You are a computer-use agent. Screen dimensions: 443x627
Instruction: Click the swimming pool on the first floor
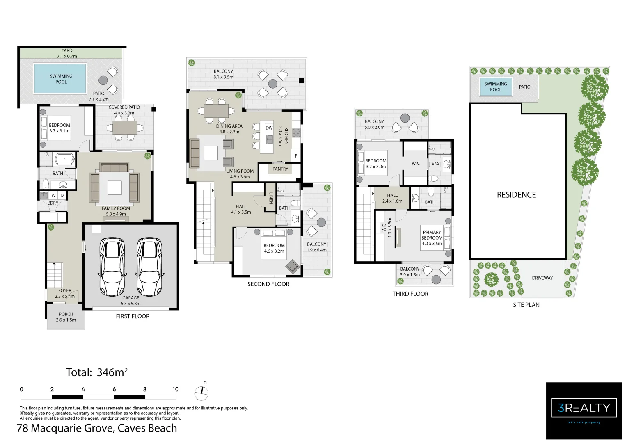[60, 79]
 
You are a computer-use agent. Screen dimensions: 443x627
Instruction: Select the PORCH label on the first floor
[66, 314]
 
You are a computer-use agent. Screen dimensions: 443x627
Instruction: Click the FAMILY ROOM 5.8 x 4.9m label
[116, 211]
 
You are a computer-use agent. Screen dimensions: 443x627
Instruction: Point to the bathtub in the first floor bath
[64, 159]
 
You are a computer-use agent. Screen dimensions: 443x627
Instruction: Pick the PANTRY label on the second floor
[280, 169]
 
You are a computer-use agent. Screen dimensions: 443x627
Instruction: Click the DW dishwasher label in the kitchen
[269, 128]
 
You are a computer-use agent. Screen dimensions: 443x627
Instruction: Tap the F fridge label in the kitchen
[296, 156]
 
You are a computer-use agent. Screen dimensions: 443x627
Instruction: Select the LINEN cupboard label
[271, 198]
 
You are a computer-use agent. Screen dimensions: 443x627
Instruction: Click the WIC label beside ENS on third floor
[416, 164]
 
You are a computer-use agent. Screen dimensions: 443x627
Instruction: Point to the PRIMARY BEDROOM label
[432, 235]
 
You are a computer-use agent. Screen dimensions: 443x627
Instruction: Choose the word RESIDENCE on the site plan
[516, 195]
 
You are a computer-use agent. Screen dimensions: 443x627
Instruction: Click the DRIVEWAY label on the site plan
[542, 278]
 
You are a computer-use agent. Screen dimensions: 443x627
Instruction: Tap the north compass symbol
[201, 393]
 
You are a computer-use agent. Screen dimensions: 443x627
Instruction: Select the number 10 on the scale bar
[175, 389]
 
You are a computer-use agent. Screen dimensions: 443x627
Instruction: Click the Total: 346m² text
[97, 372]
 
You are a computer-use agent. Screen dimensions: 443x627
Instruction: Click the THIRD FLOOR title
[410, 294]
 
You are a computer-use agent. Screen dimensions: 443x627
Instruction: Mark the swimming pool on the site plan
[496, 87]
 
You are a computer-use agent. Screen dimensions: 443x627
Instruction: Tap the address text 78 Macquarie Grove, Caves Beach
[97, 428]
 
